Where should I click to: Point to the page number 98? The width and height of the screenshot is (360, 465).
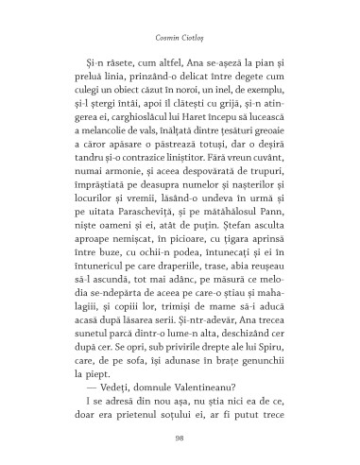[x=180, y=438]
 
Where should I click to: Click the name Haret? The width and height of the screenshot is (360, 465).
[x=189, y=136]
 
